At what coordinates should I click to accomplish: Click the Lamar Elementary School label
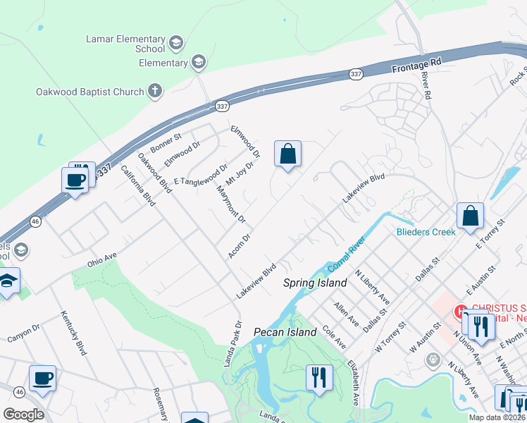pyautogui.click(x=125, y=44)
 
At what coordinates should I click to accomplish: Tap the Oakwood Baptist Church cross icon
pyautogui.click(x=155, y=91)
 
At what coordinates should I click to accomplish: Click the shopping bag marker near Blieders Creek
pyautogui.click(x=470, y=216)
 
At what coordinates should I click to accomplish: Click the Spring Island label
pyautogui.click(x=315, y=283)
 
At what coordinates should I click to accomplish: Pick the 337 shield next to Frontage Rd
pyautogui.click(x=356, y=73)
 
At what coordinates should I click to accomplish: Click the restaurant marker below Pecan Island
pyautogui.click(x=319, y=376)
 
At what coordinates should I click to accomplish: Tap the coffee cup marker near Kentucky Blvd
pyautogui.click(x=42, y=378)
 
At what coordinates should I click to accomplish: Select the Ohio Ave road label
pyautogui.click(x=101, y=257)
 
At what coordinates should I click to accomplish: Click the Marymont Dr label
pyautogui.click(x=231, y=206)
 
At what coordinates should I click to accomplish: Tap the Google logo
pyautogui.click(x=24, y=415)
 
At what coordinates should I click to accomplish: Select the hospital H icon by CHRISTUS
pyautogui.click(x=461, y=310)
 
